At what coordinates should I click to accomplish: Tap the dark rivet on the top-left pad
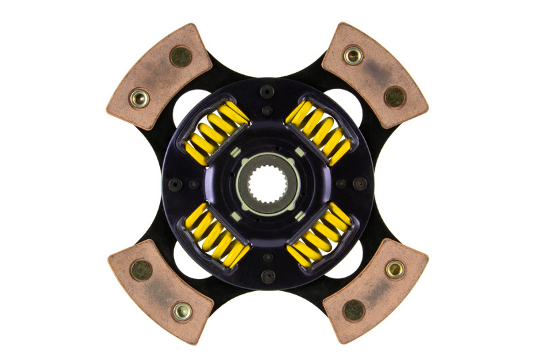[x=180, y=57]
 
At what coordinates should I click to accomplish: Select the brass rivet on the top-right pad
[x=353, y=55]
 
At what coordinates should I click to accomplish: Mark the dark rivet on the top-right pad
[x=394, y=97]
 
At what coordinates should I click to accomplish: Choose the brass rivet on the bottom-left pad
[x=182, y=311]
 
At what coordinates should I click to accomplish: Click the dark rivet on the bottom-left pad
[x=141, y=270]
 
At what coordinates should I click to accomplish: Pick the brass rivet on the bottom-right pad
[x=395, y=269]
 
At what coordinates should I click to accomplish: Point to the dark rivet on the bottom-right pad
[x=354, y=310]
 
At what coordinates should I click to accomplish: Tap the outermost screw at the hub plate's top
[x=268, y=90]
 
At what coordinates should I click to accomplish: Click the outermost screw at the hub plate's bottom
[x=268, y=276]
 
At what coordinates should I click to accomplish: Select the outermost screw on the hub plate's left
[x=174, y=184]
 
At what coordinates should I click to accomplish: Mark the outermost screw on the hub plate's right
[x=361, y=183]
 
